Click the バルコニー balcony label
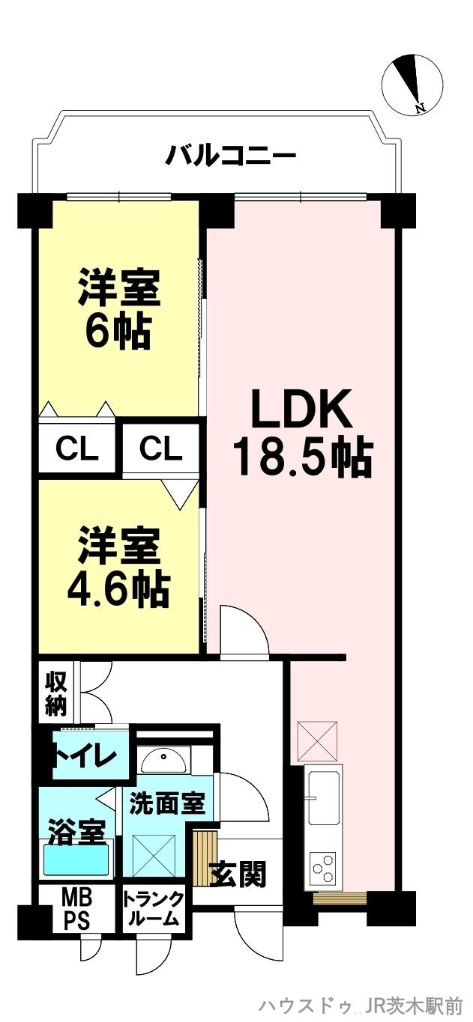[230, 156]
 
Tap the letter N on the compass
[421, 108]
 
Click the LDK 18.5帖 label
[304, 432]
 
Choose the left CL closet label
[76, 449]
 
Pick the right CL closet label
[161, 449]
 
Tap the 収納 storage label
[55, 695]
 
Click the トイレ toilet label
[85, 757]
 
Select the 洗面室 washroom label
[167, 803]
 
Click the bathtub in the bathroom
[76, 860]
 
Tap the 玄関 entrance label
[238, 875]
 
